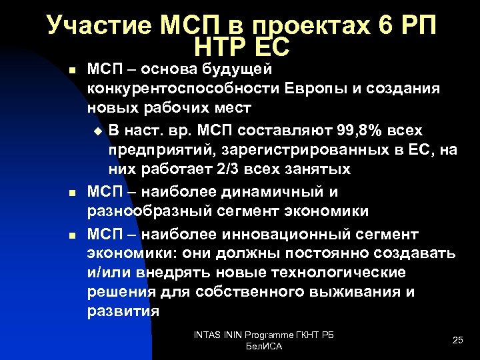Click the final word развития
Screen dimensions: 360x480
point(123,312)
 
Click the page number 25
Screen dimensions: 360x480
point(457,340)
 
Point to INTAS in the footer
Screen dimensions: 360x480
point(206,334)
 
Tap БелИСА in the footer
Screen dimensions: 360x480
point(264,347)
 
